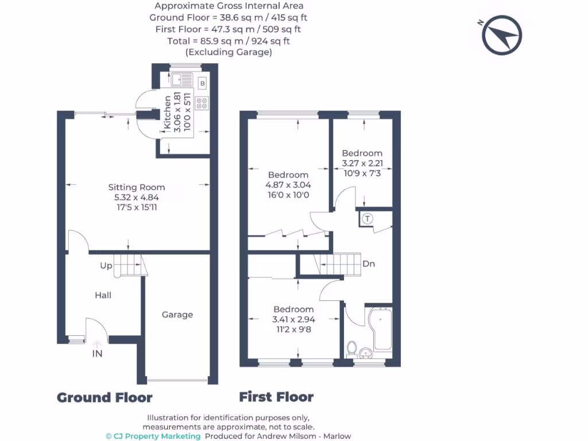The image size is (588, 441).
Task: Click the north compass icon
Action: [501, 36]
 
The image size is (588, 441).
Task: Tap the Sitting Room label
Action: [137, 187]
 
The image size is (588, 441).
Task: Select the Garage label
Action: [177, 315]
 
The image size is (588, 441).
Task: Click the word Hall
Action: [103, 295]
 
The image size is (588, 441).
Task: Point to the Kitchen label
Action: [168, 113]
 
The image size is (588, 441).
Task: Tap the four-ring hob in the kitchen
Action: [202, 103]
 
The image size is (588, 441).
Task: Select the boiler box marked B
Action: [202, 84]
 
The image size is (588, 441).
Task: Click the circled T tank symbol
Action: [367, 218]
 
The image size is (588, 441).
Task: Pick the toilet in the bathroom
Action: [352, 348]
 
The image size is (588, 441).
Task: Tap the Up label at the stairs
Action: [106, 266]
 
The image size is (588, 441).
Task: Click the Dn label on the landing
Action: [369, 264]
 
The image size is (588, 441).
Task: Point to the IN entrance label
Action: [98, 354]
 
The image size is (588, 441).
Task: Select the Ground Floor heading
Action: [105, 397]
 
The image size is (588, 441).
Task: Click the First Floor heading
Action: [276, 397]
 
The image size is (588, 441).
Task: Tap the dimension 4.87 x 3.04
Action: [288, 185]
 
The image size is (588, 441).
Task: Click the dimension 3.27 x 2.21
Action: [362, 163]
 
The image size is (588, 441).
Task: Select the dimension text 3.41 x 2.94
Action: [293, 320]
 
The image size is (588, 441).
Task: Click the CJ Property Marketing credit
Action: [153, 436]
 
